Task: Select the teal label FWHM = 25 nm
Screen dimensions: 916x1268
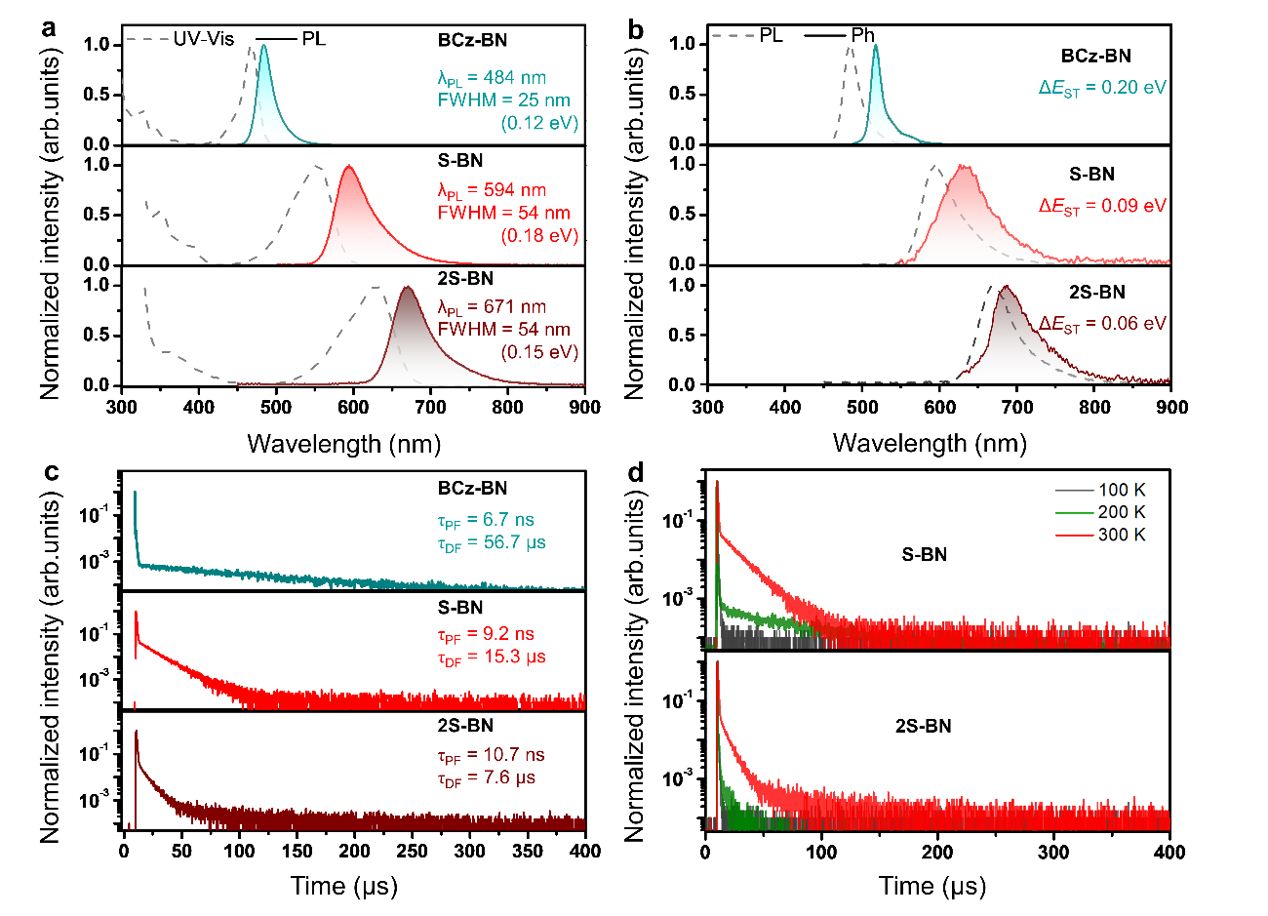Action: [x=503, y=100]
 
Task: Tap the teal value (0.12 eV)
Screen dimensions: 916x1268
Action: [x=539, y=124]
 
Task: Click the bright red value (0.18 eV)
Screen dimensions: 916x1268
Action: [x=539, y=236]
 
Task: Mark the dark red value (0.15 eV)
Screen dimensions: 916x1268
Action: [x=539, y=352]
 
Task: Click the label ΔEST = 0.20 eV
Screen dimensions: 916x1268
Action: [x=1102, y=88]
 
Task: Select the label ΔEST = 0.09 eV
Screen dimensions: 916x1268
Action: [x=1102, y=207]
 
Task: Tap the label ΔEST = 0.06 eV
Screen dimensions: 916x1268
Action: [x=1102, y=324]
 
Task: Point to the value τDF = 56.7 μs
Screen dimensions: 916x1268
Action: [x=492, y=543]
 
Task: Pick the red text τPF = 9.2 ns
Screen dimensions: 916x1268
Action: [x=486, y=635]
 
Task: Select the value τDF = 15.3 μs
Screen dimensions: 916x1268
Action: [x=492, y=657]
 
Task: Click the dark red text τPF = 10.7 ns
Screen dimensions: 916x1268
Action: [x=491, y=756]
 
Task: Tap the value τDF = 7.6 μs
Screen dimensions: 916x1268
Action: [x=486, y=778]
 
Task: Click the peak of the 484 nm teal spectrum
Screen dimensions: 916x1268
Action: [x=263, y=45]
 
